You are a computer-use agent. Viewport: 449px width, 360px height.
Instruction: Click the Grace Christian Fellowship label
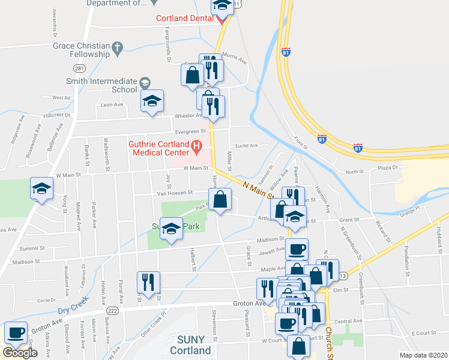click(81, 50)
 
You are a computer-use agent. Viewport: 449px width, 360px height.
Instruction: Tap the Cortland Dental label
click(185, 18)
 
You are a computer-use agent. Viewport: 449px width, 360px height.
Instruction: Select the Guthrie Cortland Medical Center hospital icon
click(196, 145)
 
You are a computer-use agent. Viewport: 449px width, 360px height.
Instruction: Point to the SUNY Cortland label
click(190, 345)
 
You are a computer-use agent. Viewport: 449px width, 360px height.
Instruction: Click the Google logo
click(20, 352)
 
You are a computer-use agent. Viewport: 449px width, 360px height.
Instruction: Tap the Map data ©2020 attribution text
click(424, 355)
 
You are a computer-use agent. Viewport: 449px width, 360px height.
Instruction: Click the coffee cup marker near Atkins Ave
click(16, 332)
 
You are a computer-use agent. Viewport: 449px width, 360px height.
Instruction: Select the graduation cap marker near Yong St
click(41, 190)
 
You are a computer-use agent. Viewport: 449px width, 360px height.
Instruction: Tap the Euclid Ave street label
click(246, 145)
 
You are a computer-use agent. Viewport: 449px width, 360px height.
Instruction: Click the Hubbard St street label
click(439, 235)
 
